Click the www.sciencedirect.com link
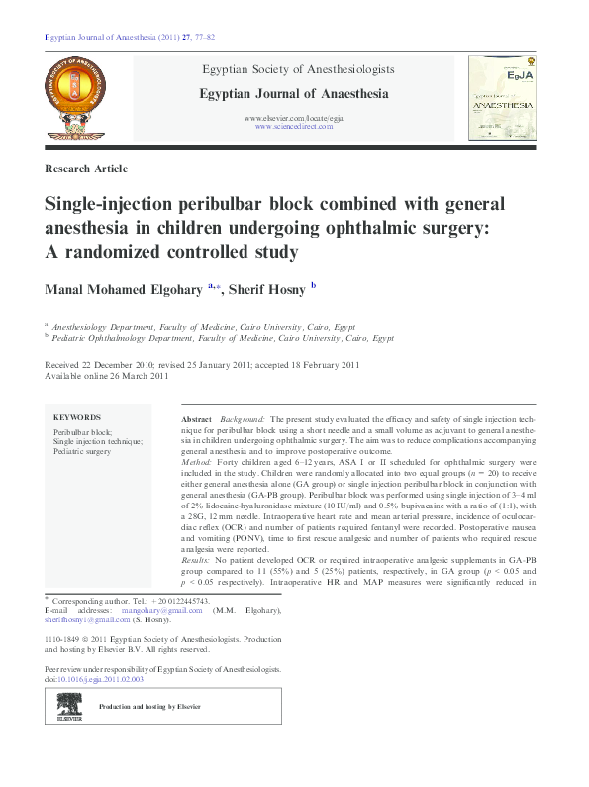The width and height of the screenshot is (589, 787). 294,128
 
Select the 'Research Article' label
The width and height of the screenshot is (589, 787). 86,169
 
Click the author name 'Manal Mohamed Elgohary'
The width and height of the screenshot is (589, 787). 123,289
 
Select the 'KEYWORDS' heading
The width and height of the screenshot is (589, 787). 76,417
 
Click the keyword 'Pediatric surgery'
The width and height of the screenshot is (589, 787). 82,451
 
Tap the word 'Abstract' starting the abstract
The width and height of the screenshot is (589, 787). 198,420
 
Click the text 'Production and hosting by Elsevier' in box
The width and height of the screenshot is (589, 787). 149,707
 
